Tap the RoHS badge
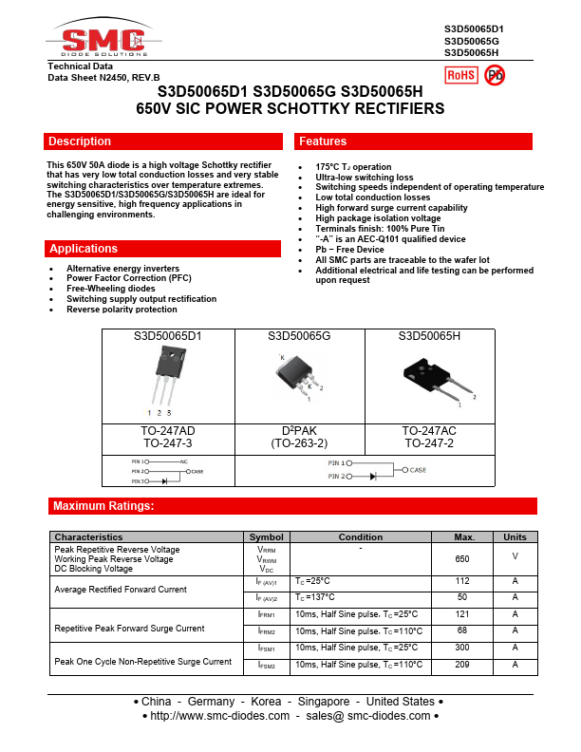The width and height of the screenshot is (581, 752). (461, 75)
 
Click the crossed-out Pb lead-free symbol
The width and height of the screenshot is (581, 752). (496, 75)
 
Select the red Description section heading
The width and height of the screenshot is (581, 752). (80, 141)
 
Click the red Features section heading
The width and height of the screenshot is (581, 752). (323, 141)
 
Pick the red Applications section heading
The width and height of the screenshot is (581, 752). (84, 249)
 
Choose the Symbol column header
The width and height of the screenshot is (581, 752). (267, 536)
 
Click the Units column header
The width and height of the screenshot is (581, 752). (515, 536)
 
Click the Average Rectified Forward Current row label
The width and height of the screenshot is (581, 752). (121, 590)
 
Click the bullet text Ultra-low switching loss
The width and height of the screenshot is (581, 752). (365, 178)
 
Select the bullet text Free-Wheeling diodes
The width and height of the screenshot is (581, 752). (111, 289)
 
